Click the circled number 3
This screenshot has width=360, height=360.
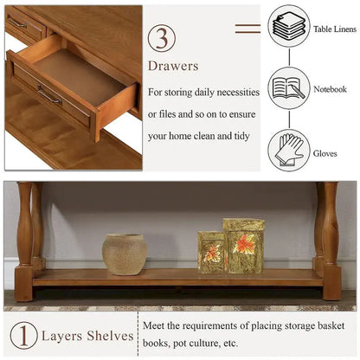click(162, 38)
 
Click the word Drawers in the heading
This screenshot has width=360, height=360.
click(173, 66)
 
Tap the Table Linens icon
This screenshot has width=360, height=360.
click(289, 27)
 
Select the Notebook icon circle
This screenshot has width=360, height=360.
click(289, 87)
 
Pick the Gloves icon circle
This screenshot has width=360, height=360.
click(289, 149)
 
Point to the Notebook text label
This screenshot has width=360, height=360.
click(331, 89)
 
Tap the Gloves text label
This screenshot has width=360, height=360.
click(326, 152)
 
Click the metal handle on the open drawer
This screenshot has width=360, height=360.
click(49, 95)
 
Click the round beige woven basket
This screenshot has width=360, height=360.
click(125, 254)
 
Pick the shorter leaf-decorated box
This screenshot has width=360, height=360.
click(210, 252)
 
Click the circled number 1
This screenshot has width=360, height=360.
click(23, 336)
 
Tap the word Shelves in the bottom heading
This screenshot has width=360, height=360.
click(110, 336)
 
